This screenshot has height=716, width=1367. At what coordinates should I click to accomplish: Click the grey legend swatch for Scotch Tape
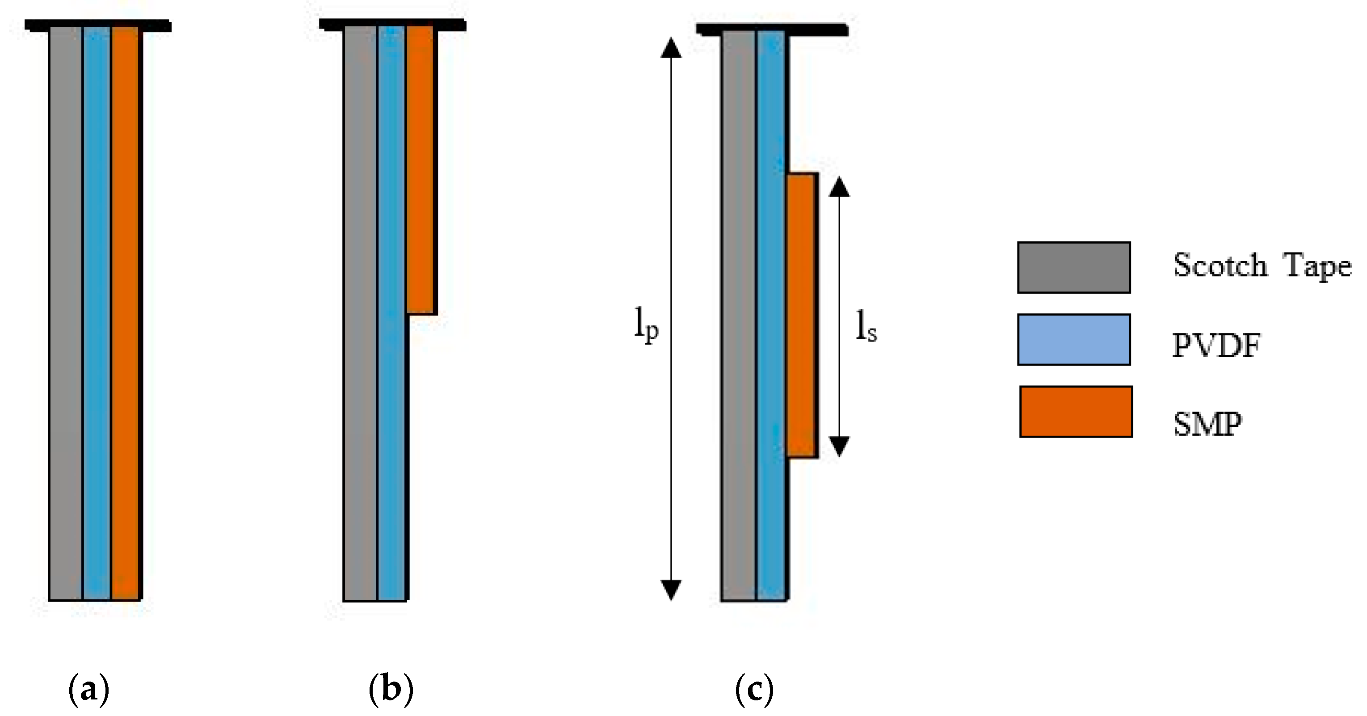click(1073, 268)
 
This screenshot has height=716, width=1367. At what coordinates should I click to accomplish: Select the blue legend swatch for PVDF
click(1073, 340)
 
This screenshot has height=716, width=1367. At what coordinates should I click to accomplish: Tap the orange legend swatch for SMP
click(1076, 412)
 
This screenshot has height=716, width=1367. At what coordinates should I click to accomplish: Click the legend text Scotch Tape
click(1262, 265)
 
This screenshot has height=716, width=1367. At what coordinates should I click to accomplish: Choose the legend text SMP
click(1207, 424)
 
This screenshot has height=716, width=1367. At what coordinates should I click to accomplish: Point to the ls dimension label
click(866, 326)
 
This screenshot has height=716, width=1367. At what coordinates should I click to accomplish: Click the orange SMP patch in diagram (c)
click(802, 315)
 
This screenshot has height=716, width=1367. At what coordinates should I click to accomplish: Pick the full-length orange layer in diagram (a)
click(126, 313)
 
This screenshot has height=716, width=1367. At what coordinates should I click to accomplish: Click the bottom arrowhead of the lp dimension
click(671, 589)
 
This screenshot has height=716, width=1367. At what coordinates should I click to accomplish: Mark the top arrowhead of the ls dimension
click(839, 187)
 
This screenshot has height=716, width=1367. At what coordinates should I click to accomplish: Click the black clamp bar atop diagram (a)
click(98, 25)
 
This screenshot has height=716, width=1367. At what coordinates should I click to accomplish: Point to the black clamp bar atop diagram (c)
click(772, 30)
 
